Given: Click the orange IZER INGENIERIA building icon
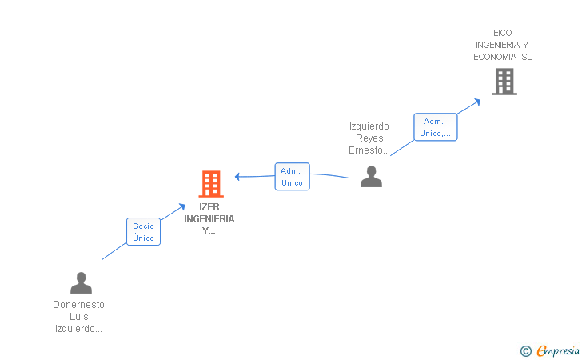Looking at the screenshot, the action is [x=211, y=183].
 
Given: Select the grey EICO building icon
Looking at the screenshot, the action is [x=504, y=82].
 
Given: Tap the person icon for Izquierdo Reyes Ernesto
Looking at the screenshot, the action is [x=371, y=177].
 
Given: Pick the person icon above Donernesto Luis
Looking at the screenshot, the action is [x=81, y=282].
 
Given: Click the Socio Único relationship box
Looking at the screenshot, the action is [x=143, y=231].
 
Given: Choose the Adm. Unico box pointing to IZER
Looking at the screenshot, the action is [x=292, y=177].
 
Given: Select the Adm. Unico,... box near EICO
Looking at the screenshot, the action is [x=436, y=127].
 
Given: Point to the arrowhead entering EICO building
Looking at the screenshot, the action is [x=478, y=102].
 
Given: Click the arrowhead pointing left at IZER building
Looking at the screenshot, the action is [x=237, y=177].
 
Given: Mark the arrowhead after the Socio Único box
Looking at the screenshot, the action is [x=181, y=206].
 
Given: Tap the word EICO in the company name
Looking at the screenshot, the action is [x=503, y=33].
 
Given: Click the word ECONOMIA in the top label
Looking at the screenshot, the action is [x=495, y=57].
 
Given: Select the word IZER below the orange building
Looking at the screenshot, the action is [x=209, y=207].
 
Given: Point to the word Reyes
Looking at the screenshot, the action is [x=369, y=138].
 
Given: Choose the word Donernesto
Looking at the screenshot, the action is [x=78, y=305].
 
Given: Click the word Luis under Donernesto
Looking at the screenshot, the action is [x=79, y=317].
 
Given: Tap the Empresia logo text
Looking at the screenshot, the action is [x=558, y=351].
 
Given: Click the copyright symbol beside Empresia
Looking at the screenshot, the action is [x=526, y=351].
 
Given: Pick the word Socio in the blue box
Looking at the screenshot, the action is [x=143, y=226].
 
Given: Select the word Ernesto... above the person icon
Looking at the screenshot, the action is [x=369, y=150].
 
